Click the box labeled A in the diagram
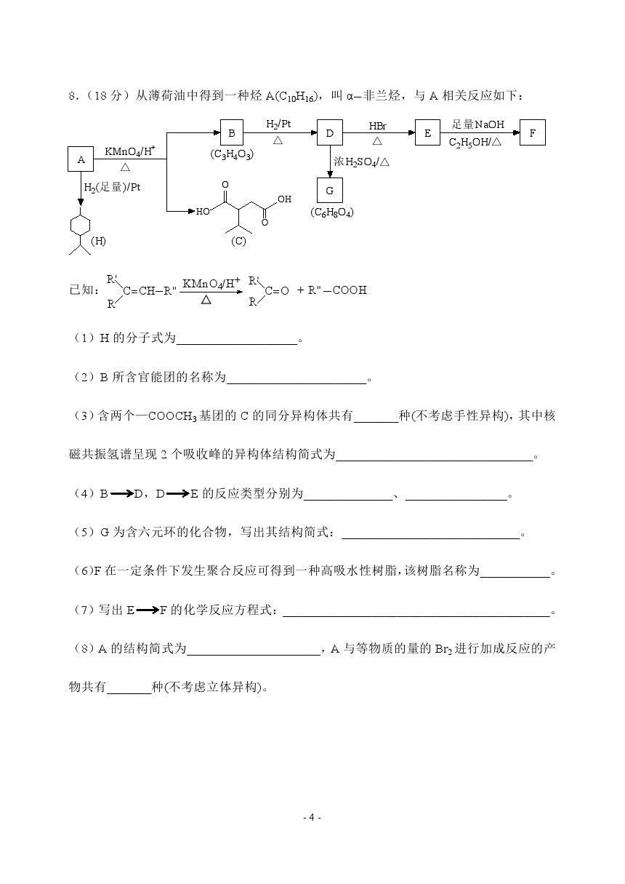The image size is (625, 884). click(x=81, y=159)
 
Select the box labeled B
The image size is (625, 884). click(x=231, y=133)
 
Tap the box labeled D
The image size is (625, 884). click(x=329, y=133)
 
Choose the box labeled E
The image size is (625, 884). click(x=427, y=133)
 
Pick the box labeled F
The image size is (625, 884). click(x=533, y=133)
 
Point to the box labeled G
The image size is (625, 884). click(x=330, y=191)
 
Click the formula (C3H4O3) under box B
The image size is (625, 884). click(x=232, y=154)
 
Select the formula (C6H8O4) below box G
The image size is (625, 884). click(x=331, y=212)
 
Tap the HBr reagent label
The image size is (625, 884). click(x=377, y=126)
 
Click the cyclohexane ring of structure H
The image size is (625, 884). click(x=80, y=226)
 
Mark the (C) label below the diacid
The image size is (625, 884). click(x=238, y=241)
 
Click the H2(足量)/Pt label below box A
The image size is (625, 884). click(x=112, y=188)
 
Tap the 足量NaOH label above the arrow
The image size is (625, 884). click(x=477, y=125)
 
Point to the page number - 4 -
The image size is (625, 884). click(x=312, y=817)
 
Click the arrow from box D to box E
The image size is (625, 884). click(x=378, y=133)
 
